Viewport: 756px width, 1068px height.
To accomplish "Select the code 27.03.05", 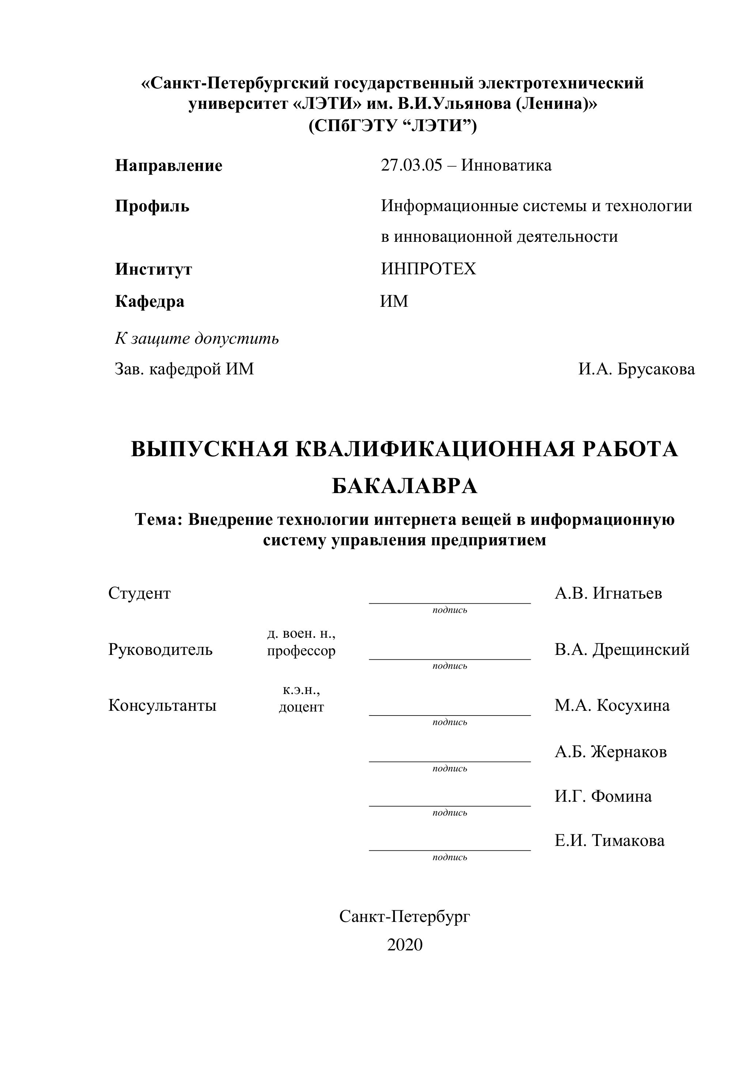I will (411, 165).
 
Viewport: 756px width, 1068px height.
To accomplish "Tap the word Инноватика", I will (506, 165).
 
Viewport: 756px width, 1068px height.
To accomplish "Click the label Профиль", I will (152, 206).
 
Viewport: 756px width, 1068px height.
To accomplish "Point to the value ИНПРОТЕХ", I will (428, 269).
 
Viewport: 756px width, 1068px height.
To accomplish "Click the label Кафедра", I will (150, 302).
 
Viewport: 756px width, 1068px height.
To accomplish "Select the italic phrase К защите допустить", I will (197, 339).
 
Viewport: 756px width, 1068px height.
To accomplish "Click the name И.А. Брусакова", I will (636, 369).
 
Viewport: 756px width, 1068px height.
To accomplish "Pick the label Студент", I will (139, 594).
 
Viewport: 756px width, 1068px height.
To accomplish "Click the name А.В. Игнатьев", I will (608, 594).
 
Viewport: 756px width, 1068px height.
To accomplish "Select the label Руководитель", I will (160, 650).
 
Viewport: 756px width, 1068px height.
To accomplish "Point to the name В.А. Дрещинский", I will (622, 650).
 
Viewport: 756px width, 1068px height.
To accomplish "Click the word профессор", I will (301, 651).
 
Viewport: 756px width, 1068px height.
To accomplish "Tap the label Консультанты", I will (162, 706).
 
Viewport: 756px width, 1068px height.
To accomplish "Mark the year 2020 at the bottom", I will (405, 945).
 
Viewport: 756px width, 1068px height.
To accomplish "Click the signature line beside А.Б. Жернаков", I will (450, 762).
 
